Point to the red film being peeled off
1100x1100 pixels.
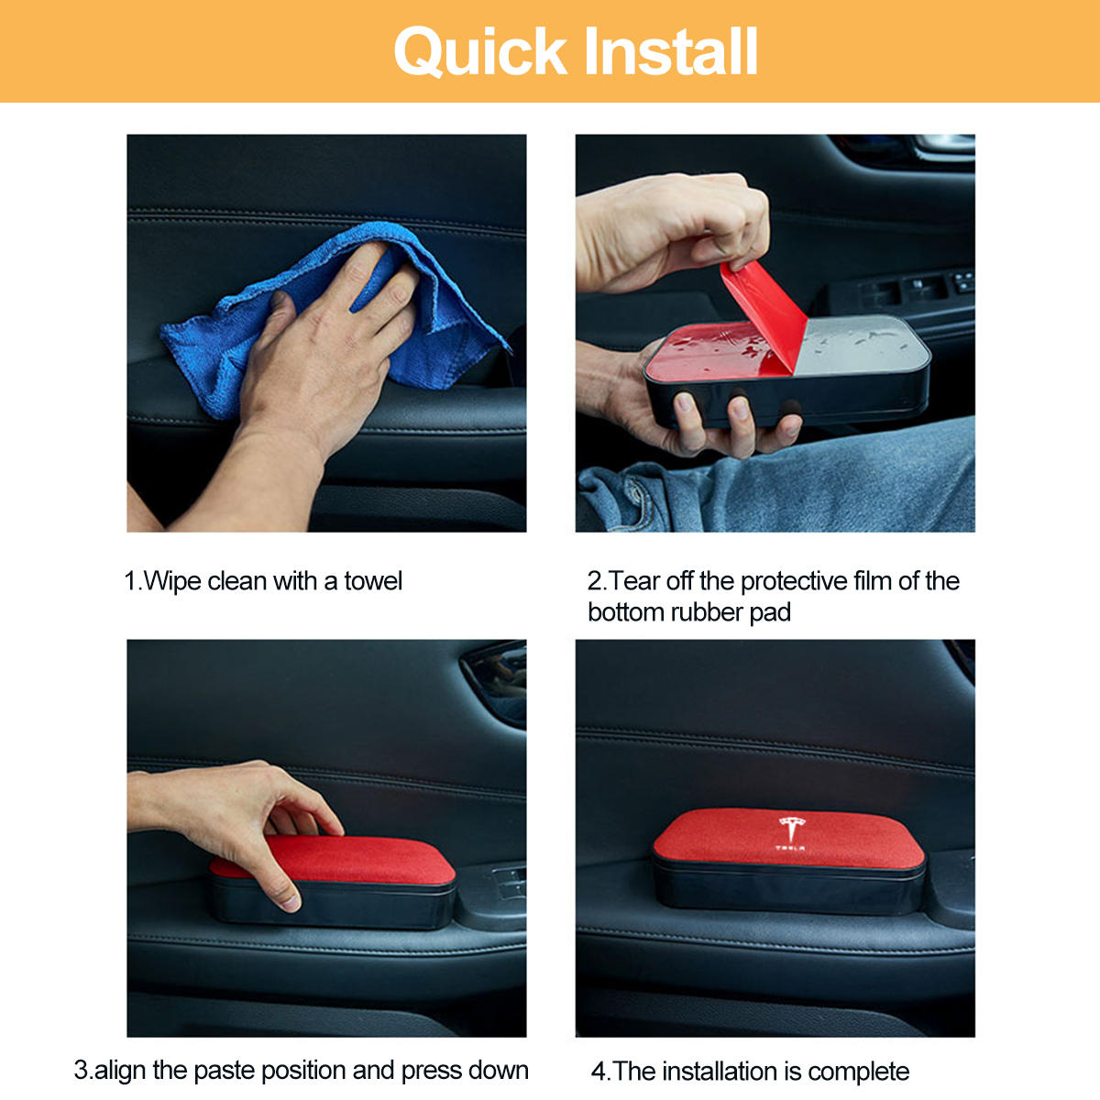pyautogui.click(x=765, y=312)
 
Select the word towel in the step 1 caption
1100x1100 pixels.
pyautogui.click(x=373, y=581)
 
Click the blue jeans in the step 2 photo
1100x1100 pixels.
pyautogui.click(x=825, y=486)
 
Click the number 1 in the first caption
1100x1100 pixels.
pyautogui.click(x=130, y=581)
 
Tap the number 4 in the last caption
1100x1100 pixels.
pyautogui.click(x=599, y=1072)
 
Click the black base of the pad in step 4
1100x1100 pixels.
pyautogui.click(x=788, y=889)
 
